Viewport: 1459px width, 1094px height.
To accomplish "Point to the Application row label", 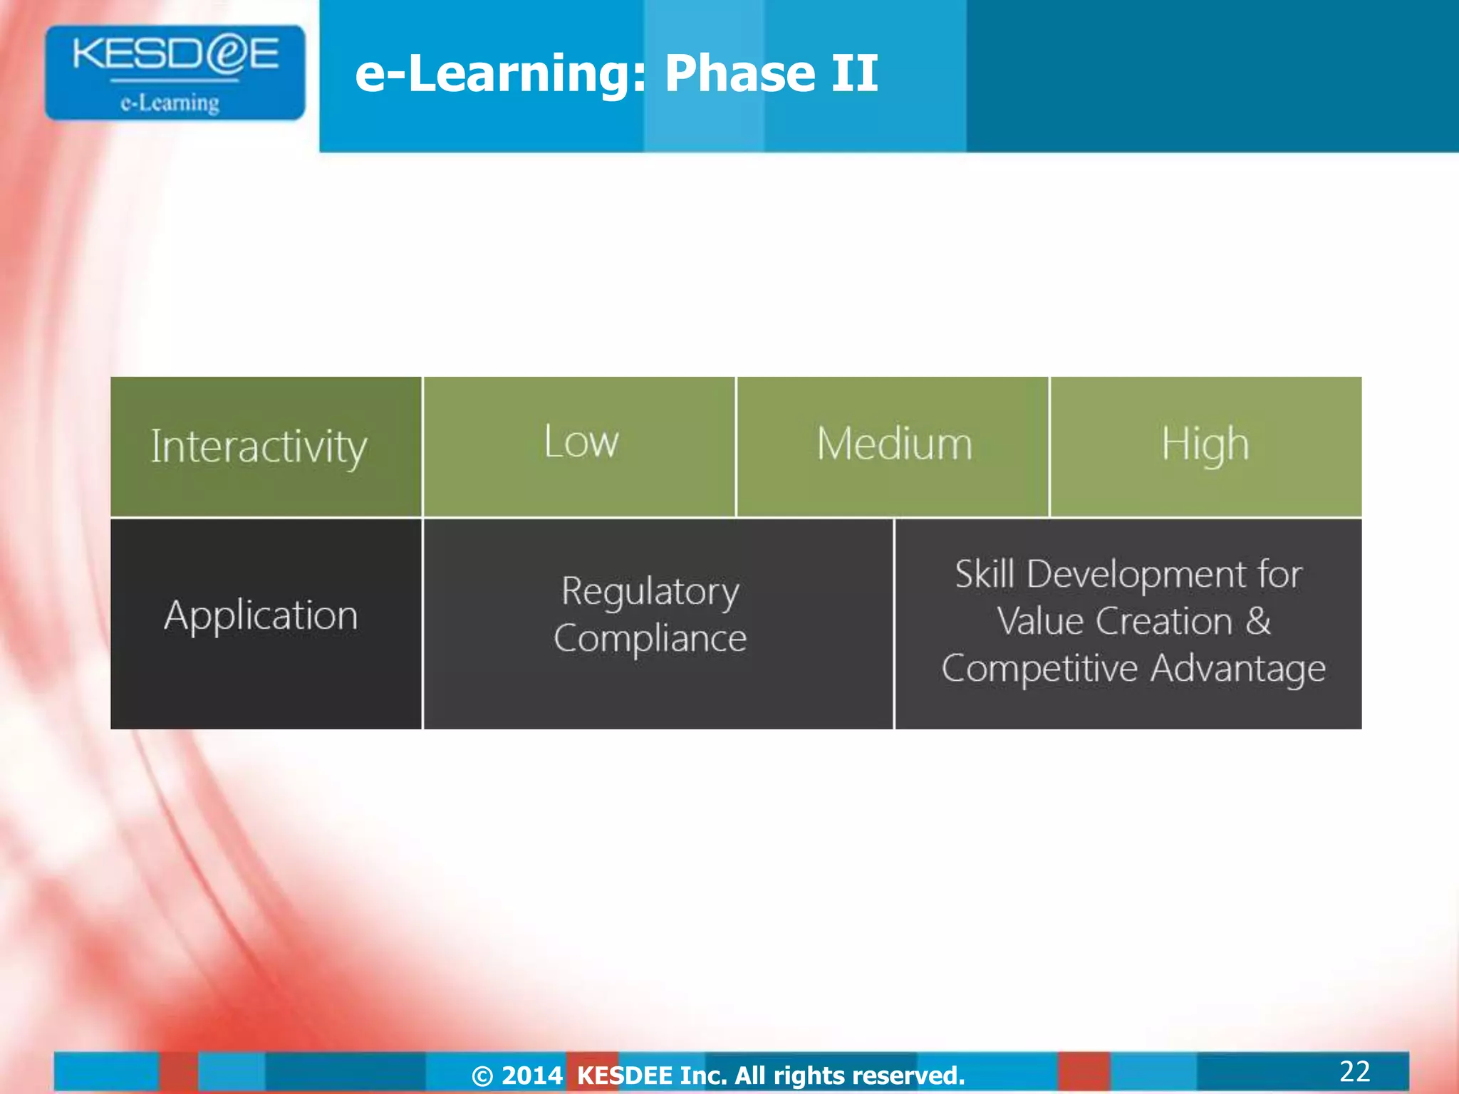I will click(261, 615).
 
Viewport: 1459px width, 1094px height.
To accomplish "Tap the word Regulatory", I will click(650, 591).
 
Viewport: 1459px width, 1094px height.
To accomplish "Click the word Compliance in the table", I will click(650, 638).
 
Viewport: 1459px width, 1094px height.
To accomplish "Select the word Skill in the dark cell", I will click(985, 574).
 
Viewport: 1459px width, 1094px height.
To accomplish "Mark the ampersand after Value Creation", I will click(1258, 621).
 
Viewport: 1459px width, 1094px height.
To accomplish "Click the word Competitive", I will click(1039, 669).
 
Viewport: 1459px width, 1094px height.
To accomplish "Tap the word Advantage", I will click(1238, 669).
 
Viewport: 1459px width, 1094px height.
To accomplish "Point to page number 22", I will click(1354, 1071).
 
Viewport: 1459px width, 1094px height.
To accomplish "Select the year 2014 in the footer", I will click(531, 1075).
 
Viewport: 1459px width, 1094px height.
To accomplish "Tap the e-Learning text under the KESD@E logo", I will click(170, 103).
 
